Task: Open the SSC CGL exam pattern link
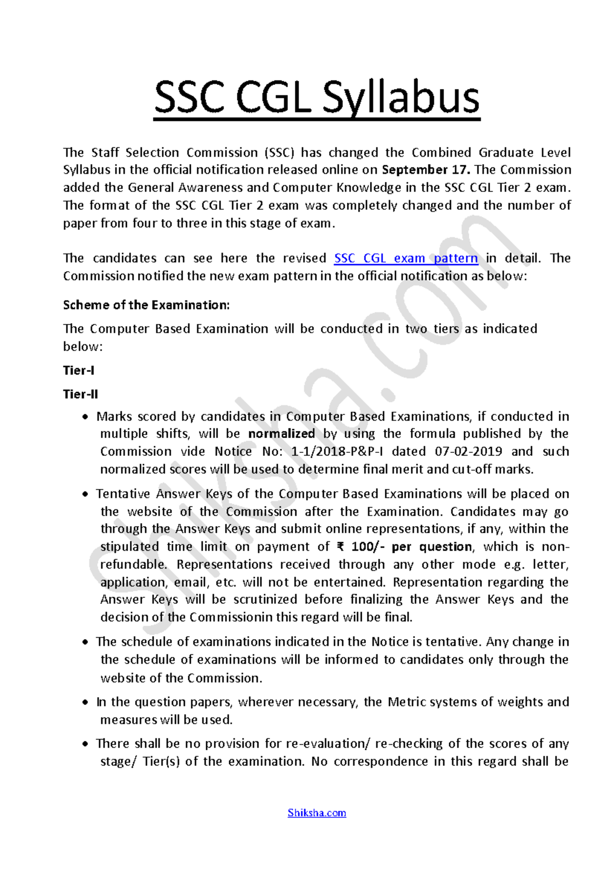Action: (x=406, y=258)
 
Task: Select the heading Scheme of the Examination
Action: (x=146, y=306)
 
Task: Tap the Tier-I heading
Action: (x=78, y=371)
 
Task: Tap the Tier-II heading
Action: (x=80, y=395)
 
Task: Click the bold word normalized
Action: (x=281, y=434)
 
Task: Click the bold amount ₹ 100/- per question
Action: (x=405, y=547)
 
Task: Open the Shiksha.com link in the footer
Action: (x=317, y=813)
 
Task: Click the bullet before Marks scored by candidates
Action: (x=85, y=418)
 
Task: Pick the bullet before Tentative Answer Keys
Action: (x=85, y=495)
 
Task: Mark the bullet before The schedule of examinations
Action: (x=85, y=643)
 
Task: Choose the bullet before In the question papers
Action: (x=85, y=703)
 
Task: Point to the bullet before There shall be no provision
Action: (x=85, y=745)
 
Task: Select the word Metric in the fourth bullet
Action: (x=407, y=702)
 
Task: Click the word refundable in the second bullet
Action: (x=133, y=565)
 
